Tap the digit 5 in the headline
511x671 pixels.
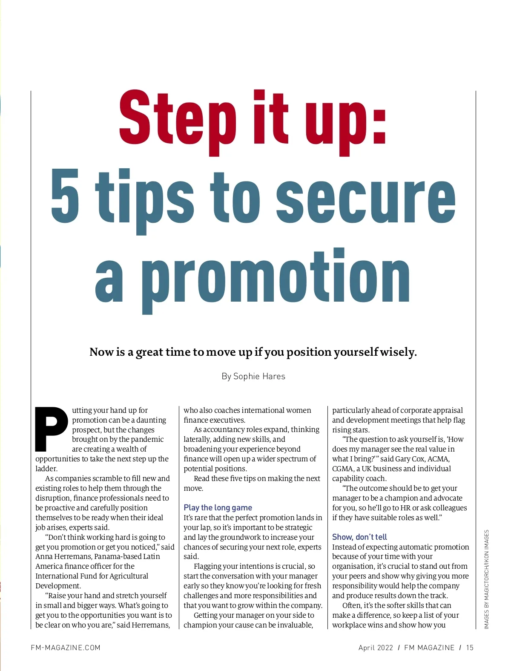(x=65, y=196)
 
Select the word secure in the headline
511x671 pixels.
(x=366, y=196)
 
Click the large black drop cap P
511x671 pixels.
(x=52, y=429)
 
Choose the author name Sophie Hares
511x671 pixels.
(x=259, y=376)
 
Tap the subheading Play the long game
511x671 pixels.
(x=218, y=507)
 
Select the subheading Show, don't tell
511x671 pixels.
(x=359, y=537)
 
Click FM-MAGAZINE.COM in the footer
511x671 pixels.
(x=66, y=648)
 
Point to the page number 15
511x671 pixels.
(x=470, y=648)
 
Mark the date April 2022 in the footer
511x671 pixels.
(x=376, y=648)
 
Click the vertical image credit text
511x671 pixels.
(x=486, y=579)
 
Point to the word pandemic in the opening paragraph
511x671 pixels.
(x=147, y=439)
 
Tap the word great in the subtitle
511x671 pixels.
(x=149, y=352)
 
